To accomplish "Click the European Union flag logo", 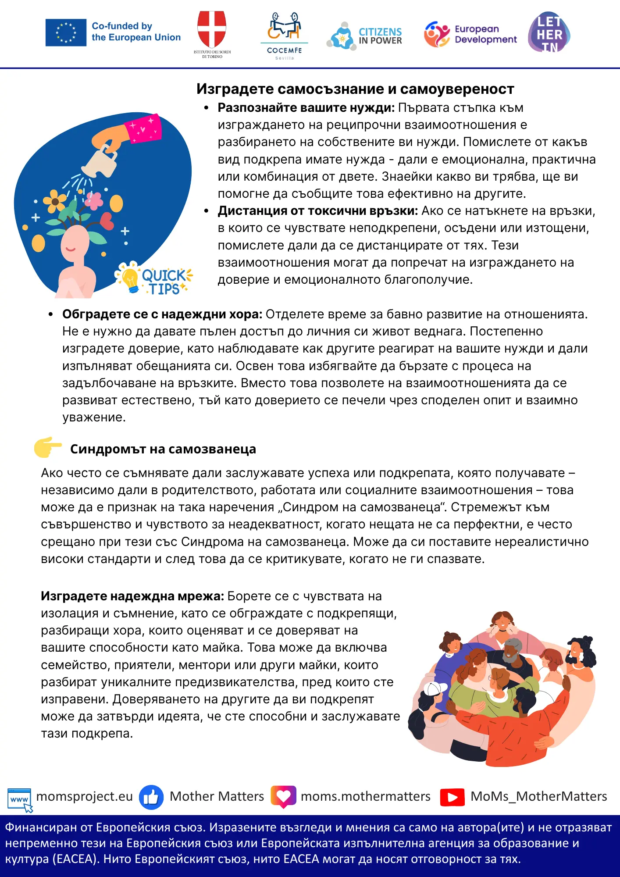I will (66, 32).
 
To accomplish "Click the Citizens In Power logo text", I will (380, 36).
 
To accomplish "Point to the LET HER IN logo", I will (549, 32).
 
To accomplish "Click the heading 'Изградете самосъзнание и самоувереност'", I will (355, 89).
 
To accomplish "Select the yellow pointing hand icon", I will (48, 447).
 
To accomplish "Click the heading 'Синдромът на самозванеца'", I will (163, 449).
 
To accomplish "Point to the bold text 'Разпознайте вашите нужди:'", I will (306, 108).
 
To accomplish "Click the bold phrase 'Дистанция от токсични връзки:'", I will (318, 211).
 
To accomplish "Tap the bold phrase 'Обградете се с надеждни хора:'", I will (162, 314).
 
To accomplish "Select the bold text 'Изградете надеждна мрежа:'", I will (132, 596).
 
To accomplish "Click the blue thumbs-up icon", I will (151, 797).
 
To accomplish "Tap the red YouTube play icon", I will (453, 797).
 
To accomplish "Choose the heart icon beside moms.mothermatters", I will (283, 796).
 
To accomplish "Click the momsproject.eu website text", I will (85, 796).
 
